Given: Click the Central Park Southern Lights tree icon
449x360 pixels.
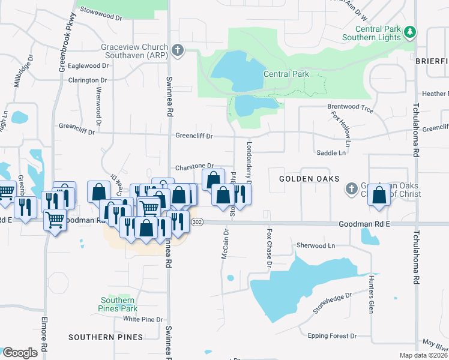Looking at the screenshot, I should coord(410,31).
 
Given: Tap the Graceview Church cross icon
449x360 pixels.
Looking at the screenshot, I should coord(177,51).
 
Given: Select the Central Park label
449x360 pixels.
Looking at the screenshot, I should coord(286,74).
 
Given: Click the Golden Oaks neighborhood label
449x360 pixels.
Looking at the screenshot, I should coord(310,179).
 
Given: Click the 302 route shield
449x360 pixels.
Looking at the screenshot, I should coord(197,222).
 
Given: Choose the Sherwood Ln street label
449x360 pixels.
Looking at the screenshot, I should coord(316,246).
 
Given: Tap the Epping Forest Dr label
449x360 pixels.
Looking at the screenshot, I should coord(331,336).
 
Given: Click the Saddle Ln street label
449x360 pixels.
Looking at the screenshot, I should coord(331,153).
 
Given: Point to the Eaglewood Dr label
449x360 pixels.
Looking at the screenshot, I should coord(88,65).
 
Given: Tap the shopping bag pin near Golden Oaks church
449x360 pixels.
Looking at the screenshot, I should coord(379,196).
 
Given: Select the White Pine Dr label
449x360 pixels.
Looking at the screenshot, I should coord(143,319).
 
